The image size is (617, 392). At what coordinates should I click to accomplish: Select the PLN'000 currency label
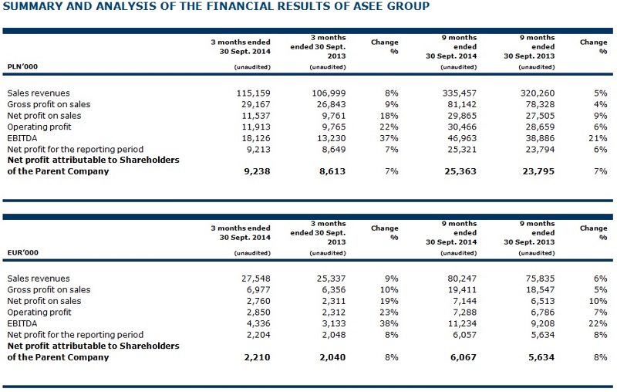[x=22, y=66]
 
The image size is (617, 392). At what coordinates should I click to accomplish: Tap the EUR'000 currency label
[x=23, y=252]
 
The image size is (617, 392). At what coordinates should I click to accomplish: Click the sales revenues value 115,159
[x=254, y=93]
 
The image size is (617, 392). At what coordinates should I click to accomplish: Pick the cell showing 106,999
[x=329, y=93]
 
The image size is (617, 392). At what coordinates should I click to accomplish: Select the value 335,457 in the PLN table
[x=459, y=93]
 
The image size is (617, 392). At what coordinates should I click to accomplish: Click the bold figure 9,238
[x=257, y=171]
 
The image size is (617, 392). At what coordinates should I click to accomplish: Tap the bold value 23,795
[x=538, y=171]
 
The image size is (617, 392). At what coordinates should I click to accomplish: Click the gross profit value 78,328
[x=540, y=104]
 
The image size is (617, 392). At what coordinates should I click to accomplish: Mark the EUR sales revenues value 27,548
[x=256, y=279]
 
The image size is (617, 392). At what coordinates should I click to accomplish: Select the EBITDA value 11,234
[x=462, y=323]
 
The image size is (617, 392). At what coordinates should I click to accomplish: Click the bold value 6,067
[x=464, y=357]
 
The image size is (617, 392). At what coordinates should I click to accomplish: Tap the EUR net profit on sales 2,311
[x=332, y=301]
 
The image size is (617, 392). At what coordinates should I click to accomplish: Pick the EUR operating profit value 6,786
[x=542, y=312]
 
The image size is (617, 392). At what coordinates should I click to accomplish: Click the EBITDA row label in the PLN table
[x=22, y=138]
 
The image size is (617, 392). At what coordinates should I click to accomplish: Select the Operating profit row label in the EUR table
[x=39, y=312]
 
